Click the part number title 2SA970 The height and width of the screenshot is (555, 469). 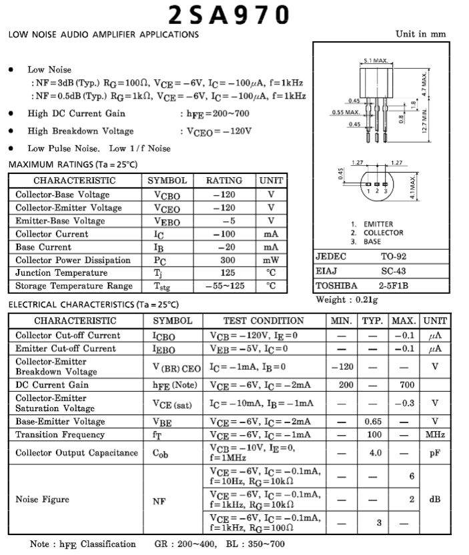click(229, 15)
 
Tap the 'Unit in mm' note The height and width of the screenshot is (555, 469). click(421, 34)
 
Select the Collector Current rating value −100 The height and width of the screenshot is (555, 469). click(224, 234)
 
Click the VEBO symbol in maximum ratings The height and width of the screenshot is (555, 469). click(167, 221)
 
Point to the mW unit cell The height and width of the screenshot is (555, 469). click(271, 260)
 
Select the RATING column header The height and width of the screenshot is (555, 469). click(224, 181)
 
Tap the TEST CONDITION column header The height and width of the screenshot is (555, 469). click(264, 320)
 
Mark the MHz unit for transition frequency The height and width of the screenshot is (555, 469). click(435, 434)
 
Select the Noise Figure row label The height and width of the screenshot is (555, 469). click(43, 498)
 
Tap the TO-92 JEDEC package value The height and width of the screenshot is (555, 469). click(394, 257)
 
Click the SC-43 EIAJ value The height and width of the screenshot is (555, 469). click(394, 271)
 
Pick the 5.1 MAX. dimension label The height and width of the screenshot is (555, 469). click(376, 61)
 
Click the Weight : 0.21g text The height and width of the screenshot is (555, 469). click(346, 300)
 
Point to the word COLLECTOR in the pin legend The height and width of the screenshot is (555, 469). click(383, 233)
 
